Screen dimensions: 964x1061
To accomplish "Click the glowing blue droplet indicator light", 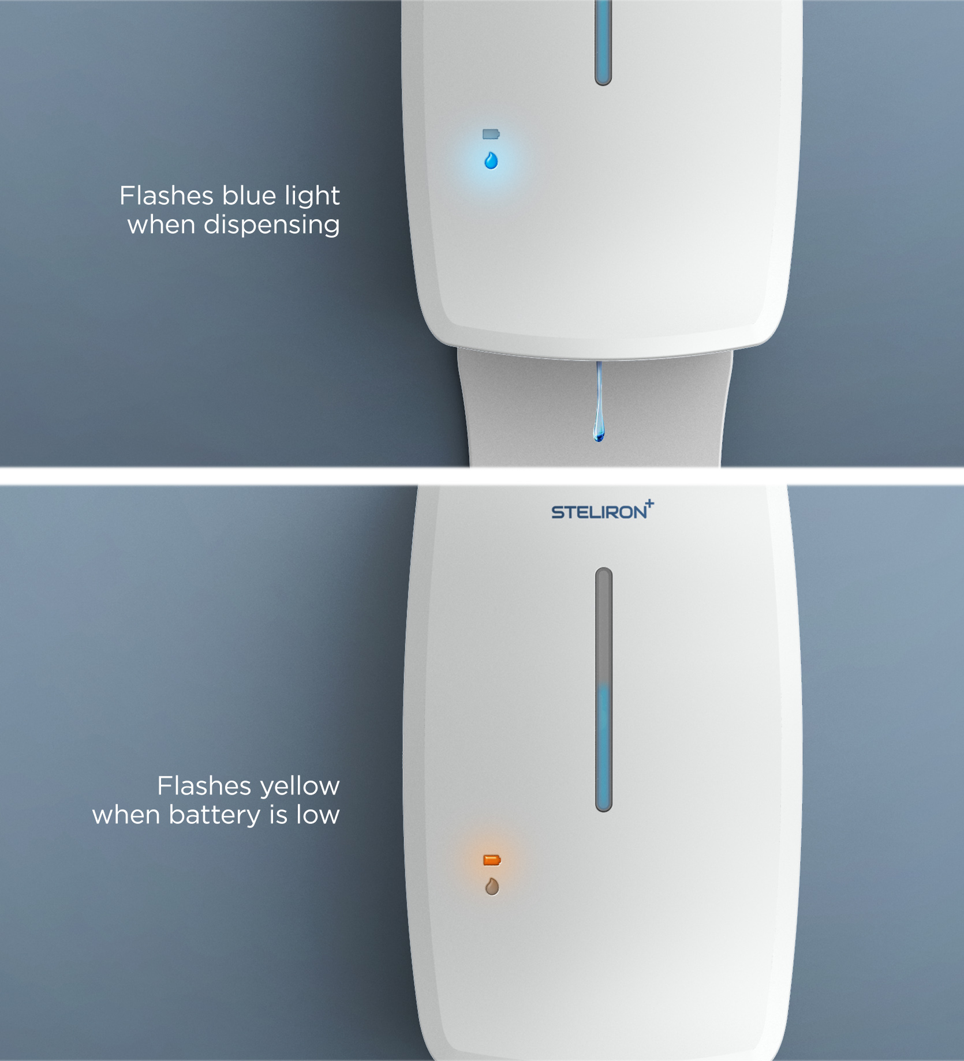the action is click(491, 160).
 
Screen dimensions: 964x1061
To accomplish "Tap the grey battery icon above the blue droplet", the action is click(491, 134).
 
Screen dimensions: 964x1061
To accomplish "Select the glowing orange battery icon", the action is click(492, 860).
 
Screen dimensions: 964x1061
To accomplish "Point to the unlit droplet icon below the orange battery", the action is click(492, 886).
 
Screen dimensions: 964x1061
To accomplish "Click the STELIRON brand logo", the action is click(603, 511).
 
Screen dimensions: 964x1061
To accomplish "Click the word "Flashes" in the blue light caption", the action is click(166, 196).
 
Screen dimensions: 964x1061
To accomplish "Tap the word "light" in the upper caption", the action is click(312, 197).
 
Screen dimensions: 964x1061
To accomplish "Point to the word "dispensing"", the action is click(271, 225).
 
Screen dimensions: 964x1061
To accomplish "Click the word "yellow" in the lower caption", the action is click(300, 787).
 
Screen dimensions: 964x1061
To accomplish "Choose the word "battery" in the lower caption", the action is click(215, 816).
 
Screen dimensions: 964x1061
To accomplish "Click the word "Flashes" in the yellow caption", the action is click(204, 786).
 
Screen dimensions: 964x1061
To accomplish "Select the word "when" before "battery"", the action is click(126, 815).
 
